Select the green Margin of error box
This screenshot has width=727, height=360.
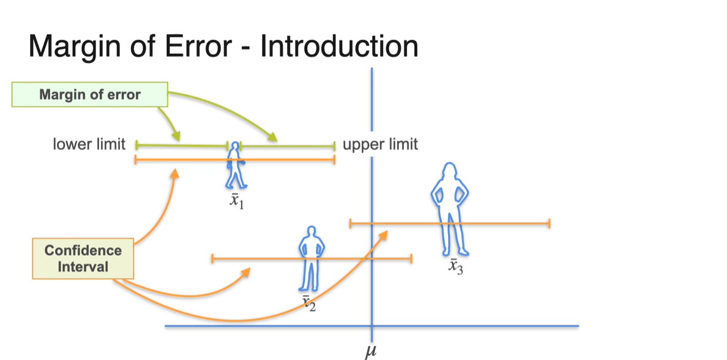click(89, 95)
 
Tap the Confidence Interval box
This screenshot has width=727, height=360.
click(83, 258)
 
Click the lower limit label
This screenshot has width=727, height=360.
click(89, 144)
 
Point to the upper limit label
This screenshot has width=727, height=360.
click(380, 144)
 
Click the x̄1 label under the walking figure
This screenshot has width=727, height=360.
click(236, 202)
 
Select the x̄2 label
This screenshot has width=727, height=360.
click(308, 302)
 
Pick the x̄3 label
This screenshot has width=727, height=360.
click(454, 268)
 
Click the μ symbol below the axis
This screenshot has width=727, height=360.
click(368, 350)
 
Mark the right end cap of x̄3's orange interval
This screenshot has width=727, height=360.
click(550, 223)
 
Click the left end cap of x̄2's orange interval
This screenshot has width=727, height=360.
click(211, 259)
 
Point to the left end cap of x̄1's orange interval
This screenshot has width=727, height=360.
click(135, 160)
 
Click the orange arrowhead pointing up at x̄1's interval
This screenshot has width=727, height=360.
click(174, 174)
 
